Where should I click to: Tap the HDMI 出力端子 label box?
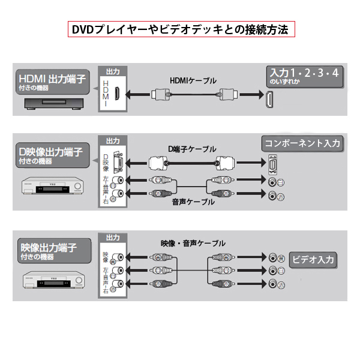tap(52, 82)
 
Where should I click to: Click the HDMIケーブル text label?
tap(193, 80)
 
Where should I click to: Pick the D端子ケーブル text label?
tap(192, 148)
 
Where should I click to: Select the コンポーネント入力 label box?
tap(302, 143)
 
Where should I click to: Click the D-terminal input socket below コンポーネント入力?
tap(273, 163)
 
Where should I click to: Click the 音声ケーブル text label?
tap(193, 202)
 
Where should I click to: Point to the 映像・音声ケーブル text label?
tap(193, 243)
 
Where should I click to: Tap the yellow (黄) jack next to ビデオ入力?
tap(273, 257)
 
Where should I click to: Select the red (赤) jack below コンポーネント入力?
tap(273, 196)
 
